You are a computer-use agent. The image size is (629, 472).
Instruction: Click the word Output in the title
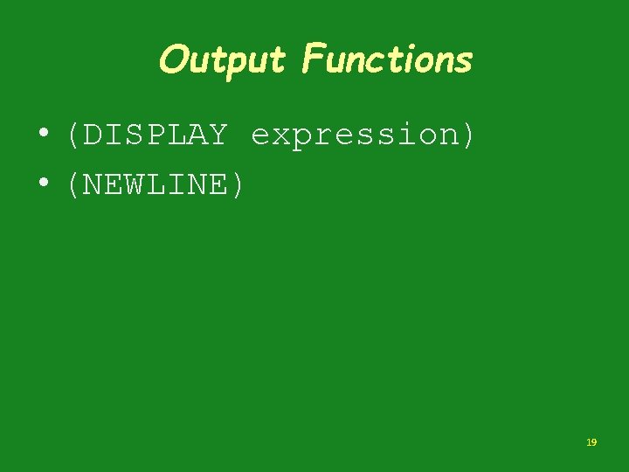click(222, 60)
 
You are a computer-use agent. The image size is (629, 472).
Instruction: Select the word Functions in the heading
click(386, 60)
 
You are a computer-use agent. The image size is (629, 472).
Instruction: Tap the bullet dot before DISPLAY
click(42, 135)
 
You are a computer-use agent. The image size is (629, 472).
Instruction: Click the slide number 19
click(591, 443)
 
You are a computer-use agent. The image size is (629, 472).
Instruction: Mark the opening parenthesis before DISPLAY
click(73, 135)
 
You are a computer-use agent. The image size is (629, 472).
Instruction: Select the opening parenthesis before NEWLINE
click(73, 184)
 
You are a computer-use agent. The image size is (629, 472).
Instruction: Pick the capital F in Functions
click(311, 59)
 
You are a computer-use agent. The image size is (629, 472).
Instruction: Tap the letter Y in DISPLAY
click(217, 135)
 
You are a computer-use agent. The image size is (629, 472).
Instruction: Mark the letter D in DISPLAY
click(93, 135)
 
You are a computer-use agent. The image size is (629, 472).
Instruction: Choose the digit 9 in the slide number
click(594, 443)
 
